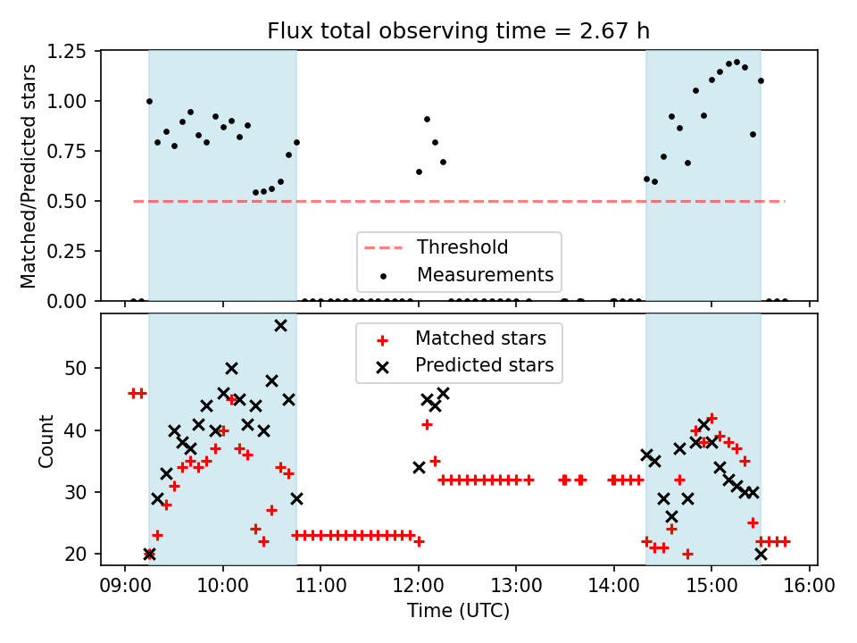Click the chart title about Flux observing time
(458, 31)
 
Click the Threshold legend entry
(462, 247)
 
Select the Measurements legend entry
(485, 274)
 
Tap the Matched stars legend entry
(480, 338)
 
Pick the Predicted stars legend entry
(484, 365)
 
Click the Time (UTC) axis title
(458, 612)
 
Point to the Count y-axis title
(46, 440)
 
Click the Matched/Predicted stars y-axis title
(29, 176)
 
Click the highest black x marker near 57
(280, 325)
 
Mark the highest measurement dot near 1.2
(736, 62)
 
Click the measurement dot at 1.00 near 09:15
(149, 101)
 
